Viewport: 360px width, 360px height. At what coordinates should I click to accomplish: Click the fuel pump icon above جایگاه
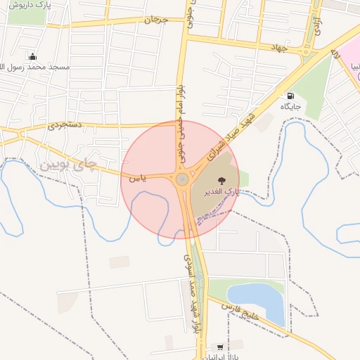[x=290, y=96]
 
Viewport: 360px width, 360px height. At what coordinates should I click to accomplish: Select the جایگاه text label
[x=290, y=107]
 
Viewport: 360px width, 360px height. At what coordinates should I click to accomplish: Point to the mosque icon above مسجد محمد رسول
[x=32, y=56]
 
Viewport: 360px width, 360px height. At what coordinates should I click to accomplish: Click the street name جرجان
[x=156, y=20]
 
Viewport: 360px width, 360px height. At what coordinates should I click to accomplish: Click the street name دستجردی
[x=65, y=126]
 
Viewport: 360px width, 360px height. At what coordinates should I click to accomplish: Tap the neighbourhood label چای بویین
[x=67, y=165]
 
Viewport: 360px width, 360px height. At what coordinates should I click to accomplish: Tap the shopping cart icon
[x=221, y=347]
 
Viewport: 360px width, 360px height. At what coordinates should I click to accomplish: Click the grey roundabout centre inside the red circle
[x=182, y=179]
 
